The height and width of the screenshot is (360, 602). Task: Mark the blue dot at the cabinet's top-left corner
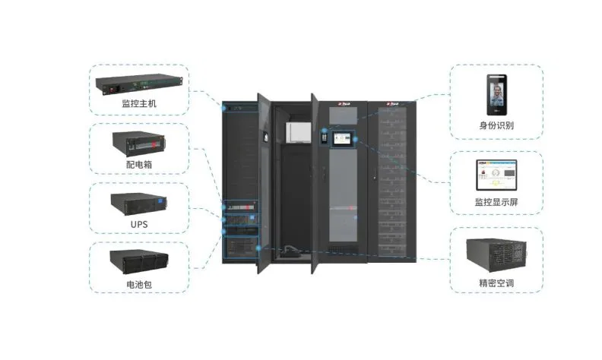point(223,109)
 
